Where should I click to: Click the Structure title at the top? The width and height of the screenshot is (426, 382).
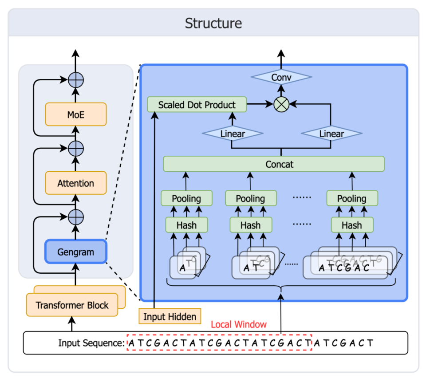point(213,23)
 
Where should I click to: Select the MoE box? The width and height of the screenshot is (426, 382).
point(75,114)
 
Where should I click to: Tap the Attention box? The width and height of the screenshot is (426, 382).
point(75,183)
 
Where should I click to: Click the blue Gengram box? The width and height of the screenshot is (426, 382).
point(75,252)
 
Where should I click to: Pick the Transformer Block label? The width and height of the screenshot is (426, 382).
point(72,305)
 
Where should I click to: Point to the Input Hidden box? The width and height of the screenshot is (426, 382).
point(170,317)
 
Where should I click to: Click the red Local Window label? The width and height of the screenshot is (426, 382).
point(239,324)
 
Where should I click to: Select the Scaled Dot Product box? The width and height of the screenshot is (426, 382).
point(197,105)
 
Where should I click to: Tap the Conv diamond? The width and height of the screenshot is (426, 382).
point(281,78)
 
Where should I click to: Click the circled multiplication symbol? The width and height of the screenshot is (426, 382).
point(281,105)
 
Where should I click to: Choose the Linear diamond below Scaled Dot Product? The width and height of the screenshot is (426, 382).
point(232,133)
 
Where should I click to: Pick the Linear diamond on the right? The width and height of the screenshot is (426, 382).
point(331,133)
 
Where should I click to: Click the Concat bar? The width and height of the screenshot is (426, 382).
point(274,164)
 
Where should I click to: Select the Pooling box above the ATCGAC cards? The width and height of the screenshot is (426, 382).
point(352,198)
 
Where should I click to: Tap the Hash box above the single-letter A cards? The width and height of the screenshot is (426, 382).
point(186,225)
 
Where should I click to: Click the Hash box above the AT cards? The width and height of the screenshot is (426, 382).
point(250,225)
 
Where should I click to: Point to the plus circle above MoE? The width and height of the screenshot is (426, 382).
point(75,80)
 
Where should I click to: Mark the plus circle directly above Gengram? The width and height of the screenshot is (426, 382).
point(75,217)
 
